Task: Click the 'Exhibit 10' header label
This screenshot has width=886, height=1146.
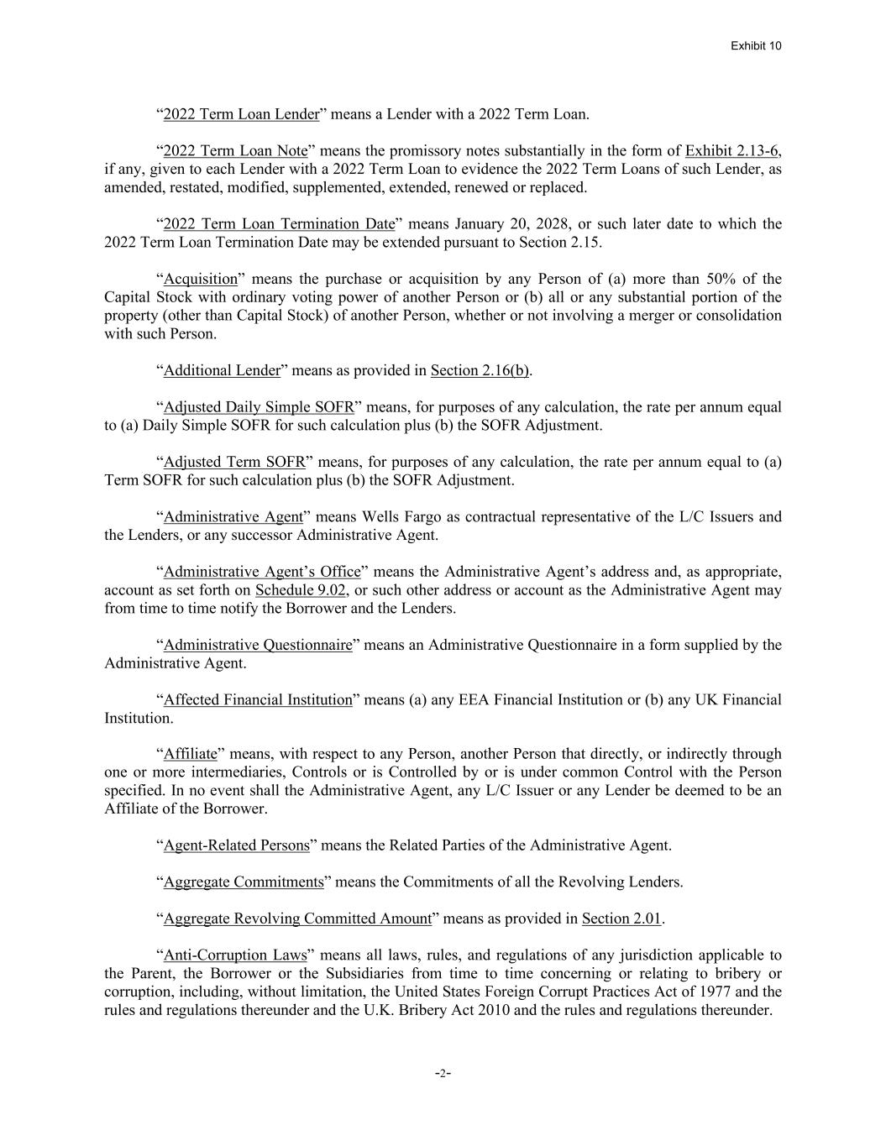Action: [755, 45]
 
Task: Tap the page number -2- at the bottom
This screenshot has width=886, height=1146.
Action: [443, 1073]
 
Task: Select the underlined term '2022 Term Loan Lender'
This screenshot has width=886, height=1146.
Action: [241, 114]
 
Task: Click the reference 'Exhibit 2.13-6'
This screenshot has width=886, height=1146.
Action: [732, 151]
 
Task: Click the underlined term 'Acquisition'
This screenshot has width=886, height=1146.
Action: [201, 279]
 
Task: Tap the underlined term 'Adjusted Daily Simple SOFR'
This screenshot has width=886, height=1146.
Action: [259, 407]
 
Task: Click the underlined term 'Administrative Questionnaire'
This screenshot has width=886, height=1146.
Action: [258, 645]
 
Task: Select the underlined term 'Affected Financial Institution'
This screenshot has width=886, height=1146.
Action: [258, 699]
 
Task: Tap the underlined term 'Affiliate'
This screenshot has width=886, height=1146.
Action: [191, 754]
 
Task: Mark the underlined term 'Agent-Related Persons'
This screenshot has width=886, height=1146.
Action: [237, 845]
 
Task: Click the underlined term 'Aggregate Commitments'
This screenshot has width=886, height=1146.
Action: [244, 882]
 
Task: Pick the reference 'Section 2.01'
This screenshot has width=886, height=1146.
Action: [621, 918]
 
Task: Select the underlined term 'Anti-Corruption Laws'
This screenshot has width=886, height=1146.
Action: [235, 955]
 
